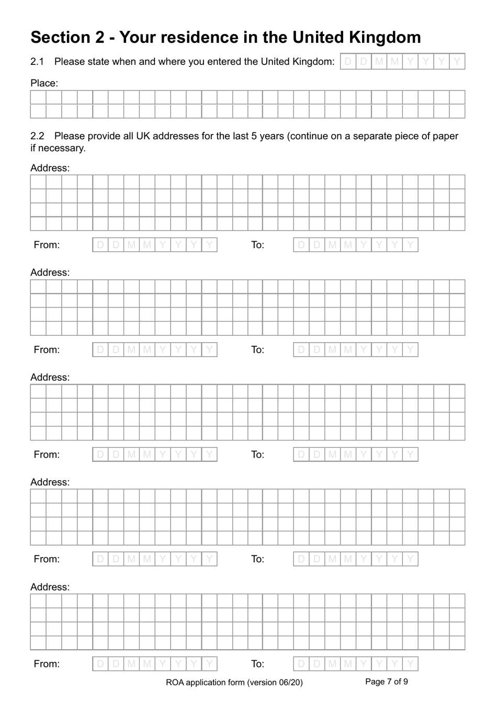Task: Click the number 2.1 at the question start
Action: pyautogui.click(x=37, y=62)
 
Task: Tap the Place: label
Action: pyautogui.click(x=44, y=83)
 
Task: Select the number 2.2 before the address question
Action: pyautogui.click(x=37, y=136)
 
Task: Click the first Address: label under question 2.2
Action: pyautogui.click(x=50, y=168)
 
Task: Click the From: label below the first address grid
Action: pyautogui.click(x=47, y=245)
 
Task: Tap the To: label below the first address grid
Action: pyautogui.click(x=257, y=245)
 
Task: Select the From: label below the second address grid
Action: pyautogui.click(x=47, y=349)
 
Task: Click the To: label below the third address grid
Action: pyautogui.click(x=257, y=454)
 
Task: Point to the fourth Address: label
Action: pyautogui.click(x=50, y=482)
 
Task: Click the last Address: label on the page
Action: pyautogui.click(x=50, y=587)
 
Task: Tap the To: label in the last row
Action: pyautogui.click(x=257, y=664)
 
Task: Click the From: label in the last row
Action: pyautogui.click(x=47, y=664)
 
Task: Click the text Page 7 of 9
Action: pyautogui.click(x=386, y=682)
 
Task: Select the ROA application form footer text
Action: pyautogui.click(x=234, y=682)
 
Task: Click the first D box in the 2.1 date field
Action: pyautogui.click(x=348, y=62)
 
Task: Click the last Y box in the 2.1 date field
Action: pyautogui.click(x=457, y=62)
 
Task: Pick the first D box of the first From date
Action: pyautogui.click(x=100, y=245)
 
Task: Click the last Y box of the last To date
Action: pyautogui.click(x=410, y=664)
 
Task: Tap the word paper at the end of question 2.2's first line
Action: pyautogui.click(x=445, y=136)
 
